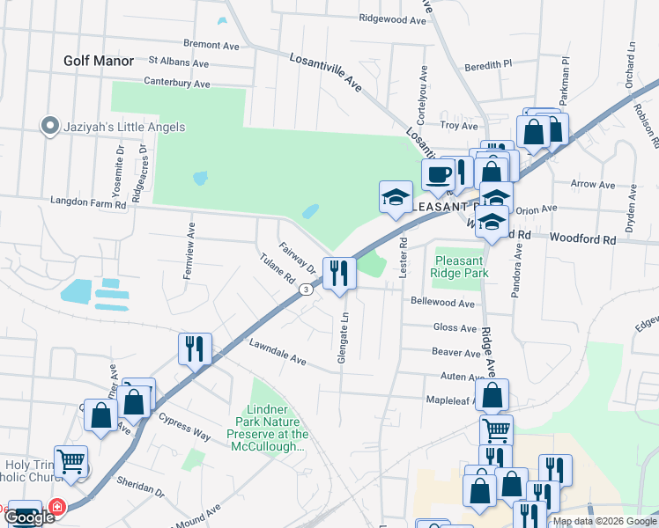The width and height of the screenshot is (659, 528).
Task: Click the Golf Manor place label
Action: pos(99,61)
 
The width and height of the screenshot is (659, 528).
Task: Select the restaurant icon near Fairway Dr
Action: pos(338,273)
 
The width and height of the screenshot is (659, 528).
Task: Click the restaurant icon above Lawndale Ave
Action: pos(194,348)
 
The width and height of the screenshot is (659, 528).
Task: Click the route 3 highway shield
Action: pos(305,290)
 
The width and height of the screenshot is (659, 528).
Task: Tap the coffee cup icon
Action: pos(438,175)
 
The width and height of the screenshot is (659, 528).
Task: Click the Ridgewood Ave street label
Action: pos(393,18)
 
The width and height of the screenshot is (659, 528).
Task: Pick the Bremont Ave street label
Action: pos(211,44)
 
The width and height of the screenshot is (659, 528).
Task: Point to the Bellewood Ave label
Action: pos(442,302)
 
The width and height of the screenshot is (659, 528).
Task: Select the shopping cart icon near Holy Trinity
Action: pos(70,461)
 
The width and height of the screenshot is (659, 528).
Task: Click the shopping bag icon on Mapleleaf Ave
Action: pos(492,395)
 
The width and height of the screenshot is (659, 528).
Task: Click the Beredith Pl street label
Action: pos(488,64)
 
